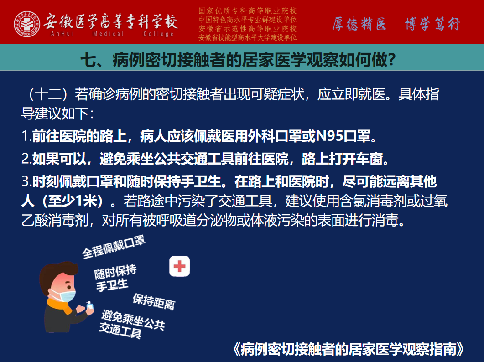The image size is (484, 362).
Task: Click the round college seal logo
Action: (27, 24)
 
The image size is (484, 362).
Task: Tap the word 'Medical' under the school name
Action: (109, 34)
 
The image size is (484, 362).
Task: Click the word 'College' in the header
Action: (158, 34)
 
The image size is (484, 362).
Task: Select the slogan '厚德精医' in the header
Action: (359, 24)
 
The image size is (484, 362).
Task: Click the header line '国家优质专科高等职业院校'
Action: (248, 11)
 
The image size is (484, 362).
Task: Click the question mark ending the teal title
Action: (392, 60)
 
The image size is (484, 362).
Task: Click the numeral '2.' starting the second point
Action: (27, 159)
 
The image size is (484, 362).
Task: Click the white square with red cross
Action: (180, 266)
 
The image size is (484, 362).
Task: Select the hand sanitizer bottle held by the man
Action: (90, 305)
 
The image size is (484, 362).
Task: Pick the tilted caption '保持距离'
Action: (154, 301)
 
